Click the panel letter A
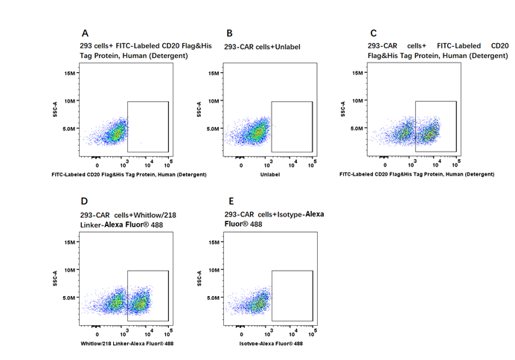coord(86,33)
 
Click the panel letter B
coord(229,33)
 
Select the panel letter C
coord(373,33)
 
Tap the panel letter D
coord(86,202)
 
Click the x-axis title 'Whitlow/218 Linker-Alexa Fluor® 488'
coord(124,344)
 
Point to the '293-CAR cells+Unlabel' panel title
coord(262,46)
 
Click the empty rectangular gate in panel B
coord(292,126)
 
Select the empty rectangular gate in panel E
coord(292,296)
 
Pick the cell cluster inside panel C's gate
coord(429,135)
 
